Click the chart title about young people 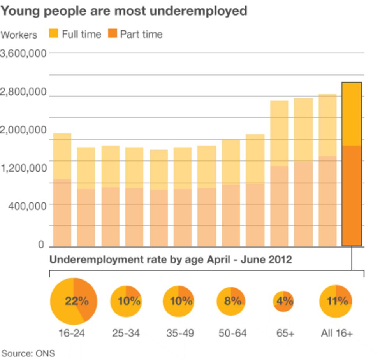tap(124, 11)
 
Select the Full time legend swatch tap(54, 34)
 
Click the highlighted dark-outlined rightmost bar tap(352, 164)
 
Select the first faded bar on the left tap(62, 190)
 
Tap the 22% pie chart tap(74, 301)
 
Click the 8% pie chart tap(231, 301)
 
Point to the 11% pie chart tap(336, 301)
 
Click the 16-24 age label tap(72, 334)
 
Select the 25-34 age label tap(126, 334)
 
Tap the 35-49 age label tap(180, 334)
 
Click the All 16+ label tap(337, 334)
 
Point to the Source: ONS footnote tap(28, 353)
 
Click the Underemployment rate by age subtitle tap(171, 260)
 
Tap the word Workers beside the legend tap(19, 35)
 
